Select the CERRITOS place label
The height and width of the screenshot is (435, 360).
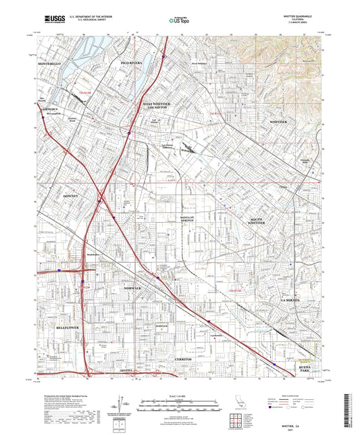(184, 359)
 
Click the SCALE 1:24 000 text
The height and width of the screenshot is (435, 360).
(179, 396)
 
